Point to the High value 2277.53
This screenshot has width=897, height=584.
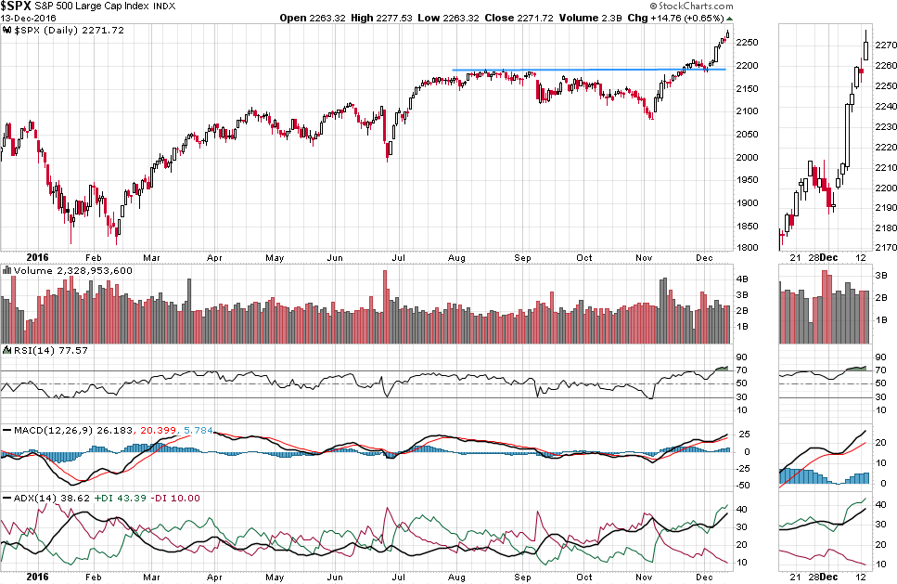(387, 18)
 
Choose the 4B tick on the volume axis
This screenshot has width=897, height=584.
(743, 279)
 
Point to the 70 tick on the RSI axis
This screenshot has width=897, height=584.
(741, 370)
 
